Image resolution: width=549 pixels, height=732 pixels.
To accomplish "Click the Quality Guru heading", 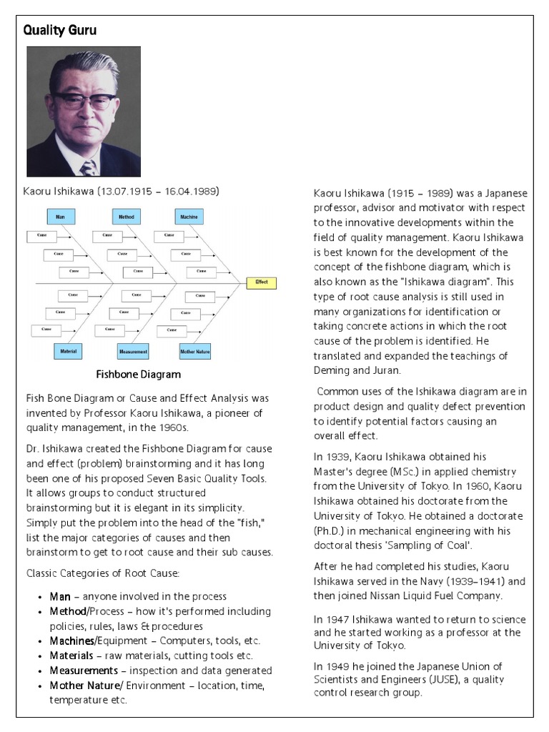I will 60,30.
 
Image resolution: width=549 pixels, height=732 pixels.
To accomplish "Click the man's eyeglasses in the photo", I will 84,101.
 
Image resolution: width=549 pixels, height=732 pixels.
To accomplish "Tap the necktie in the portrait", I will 88,167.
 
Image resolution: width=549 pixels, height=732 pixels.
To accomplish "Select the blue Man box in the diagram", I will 60,215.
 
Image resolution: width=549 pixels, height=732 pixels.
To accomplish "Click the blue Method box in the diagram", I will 127,215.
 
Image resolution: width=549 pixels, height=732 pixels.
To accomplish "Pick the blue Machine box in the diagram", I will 189,215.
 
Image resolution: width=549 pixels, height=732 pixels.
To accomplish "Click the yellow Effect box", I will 261,282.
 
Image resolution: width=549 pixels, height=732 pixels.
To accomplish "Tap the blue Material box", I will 68,351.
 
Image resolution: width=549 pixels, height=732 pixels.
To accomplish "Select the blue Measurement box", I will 132,351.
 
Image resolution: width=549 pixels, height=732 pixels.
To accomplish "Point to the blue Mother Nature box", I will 195,351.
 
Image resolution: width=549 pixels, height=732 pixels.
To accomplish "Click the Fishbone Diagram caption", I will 139,374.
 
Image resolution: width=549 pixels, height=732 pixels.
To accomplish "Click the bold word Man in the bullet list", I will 60,596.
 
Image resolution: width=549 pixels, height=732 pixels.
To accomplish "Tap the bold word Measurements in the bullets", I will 84,671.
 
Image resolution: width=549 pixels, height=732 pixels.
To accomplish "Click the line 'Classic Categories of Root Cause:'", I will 102,573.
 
